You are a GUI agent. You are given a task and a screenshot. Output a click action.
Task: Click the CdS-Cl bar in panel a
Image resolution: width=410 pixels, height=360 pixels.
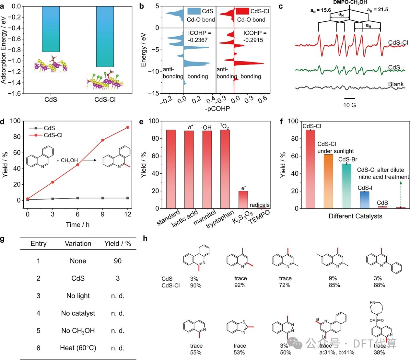tap(105, 36)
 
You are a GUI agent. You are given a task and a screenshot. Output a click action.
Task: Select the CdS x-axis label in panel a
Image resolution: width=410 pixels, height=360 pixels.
tap(51, 99)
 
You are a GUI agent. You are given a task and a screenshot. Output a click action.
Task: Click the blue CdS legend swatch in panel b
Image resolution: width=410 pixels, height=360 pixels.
tap(193, 11)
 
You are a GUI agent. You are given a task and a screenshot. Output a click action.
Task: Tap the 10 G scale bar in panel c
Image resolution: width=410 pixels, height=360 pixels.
tap(349, 98)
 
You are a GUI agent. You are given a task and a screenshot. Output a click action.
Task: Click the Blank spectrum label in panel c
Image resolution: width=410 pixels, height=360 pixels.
tap(396, 84)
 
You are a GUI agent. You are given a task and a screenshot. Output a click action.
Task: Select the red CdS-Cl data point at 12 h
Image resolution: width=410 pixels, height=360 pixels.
tap(128, 127)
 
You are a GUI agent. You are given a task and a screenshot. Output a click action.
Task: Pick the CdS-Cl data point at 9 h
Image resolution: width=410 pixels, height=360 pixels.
tap(103, 140)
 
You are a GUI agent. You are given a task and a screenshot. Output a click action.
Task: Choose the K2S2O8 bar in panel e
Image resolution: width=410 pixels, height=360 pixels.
tap(243, 199)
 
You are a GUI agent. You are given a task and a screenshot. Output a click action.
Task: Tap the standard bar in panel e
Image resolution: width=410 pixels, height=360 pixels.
tap(171, 169)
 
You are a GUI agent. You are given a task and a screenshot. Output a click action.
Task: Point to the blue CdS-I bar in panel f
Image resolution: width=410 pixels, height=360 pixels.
tap(364, 200)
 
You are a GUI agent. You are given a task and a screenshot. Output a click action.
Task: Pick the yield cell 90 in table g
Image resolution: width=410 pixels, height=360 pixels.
tap(118, 261)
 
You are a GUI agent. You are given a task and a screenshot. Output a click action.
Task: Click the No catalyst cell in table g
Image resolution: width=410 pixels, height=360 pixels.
tap(78, 313)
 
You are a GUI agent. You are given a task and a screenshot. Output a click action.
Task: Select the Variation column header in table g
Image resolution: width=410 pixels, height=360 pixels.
tap(78, 244)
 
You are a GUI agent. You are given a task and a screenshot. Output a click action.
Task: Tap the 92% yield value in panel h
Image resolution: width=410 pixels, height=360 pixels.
tap(240, 285)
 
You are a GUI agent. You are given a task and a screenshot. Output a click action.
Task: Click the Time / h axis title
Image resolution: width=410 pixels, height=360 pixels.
tap(77, 225)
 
